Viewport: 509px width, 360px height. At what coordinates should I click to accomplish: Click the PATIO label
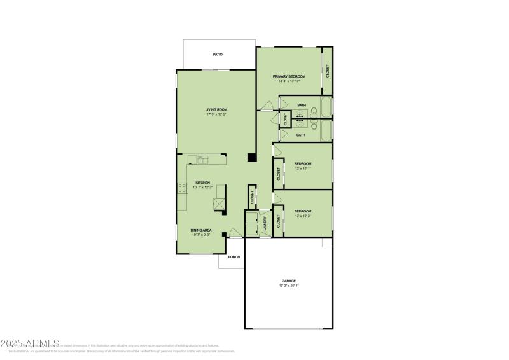218,55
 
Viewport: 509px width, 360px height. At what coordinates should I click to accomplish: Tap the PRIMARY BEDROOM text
289,76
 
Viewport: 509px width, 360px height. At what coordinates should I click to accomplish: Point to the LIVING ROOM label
216,109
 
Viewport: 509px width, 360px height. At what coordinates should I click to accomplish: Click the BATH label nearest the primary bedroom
302,105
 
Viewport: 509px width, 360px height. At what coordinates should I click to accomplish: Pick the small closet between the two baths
285,118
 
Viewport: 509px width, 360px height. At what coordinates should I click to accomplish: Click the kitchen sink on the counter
203,160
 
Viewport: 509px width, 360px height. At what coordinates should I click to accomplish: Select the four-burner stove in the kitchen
182,188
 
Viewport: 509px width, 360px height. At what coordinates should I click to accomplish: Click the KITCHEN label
202,183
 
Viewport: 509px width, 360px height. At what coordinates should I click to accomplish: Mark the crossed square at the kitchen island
218,204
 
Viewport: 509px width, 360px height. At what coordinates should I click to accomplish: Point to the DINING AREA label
201,230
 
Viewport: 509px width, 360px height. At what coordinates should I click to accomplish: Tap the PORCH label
234,257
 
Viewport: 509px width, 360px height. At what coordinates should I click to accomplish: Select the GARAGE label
289,280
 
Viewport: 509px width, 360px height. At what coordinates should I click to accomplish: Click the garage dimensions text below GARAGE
289,286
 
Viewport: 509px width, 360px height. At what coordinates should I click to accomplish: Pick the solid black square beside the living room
251,158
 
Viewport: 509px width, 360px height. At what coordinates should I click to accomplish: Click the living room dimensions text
216,114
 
